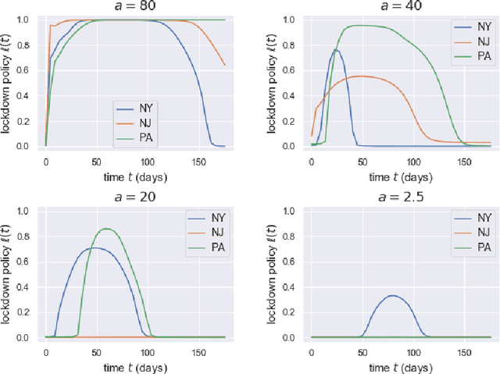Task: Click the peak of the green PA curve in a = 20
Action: coord(107,229)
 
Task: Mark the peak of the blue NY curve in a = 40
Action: coord(336,50)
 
